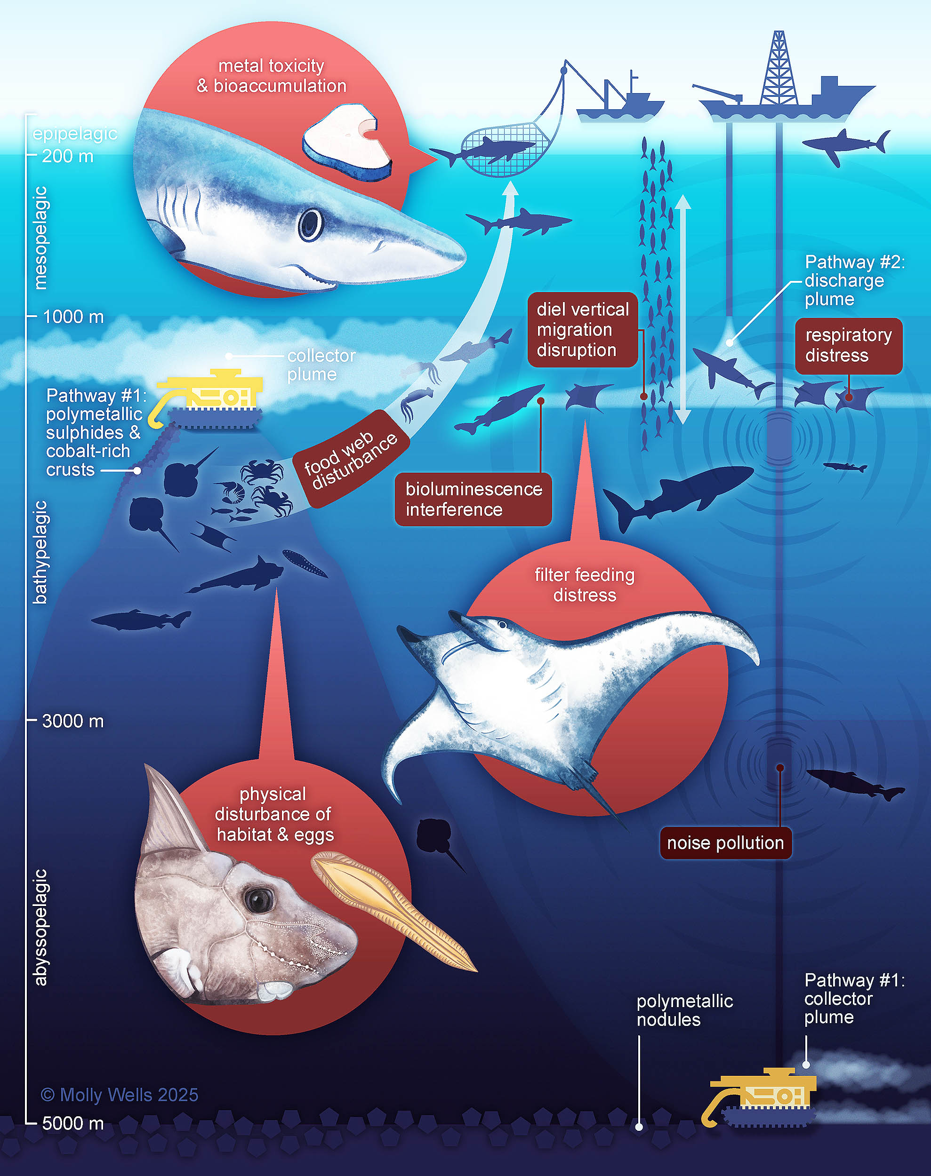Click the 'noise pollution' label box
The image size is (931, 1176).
725,842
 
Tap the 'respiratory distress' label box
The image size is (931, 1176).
848,345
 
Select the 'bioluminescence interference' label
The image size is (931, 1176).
473,499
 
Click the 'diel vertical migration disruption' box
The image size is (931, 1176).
582,330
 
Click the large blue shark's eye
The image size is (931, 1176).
311,224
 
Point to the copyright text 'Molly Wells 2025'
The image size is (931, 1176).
120,1095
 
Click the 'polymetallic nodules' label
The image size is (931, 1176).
685,1010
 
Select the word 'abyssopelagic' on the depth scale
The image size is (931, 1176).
40,927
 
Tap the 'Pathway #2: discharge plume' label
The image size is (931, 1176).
854,280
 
